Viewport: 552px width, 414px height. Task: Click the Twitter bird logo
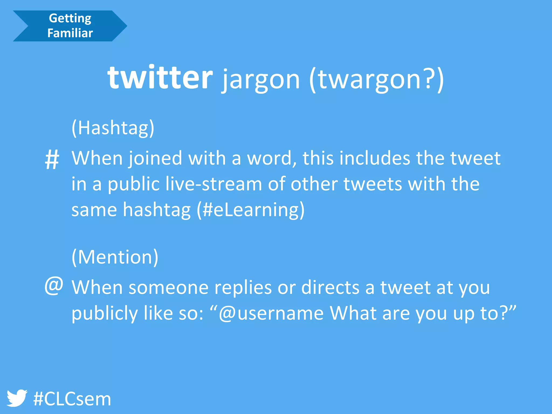(17, 398)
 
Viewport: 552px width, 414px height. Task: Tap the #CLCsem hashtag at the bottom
(72, 399)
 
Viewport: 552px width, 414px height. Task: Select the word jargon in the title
(261, 80)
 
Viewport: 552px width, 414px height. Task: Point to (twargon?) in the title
(376, 80)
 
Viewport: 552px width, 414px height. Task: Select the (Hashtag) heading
(113, 128)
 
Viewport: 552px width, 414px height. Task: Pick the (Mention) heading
(115, 257)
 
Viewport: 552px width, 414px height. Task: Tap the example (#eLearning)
(251, 210)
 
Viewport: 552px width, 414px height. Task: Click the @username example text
(271, 313)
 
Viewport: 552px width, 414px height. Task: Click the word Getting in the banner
(70, 18)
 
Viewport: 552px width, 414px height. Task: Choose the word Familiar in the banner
(70, 33)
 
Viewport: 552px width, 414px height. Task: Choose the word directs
(330, 287)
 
